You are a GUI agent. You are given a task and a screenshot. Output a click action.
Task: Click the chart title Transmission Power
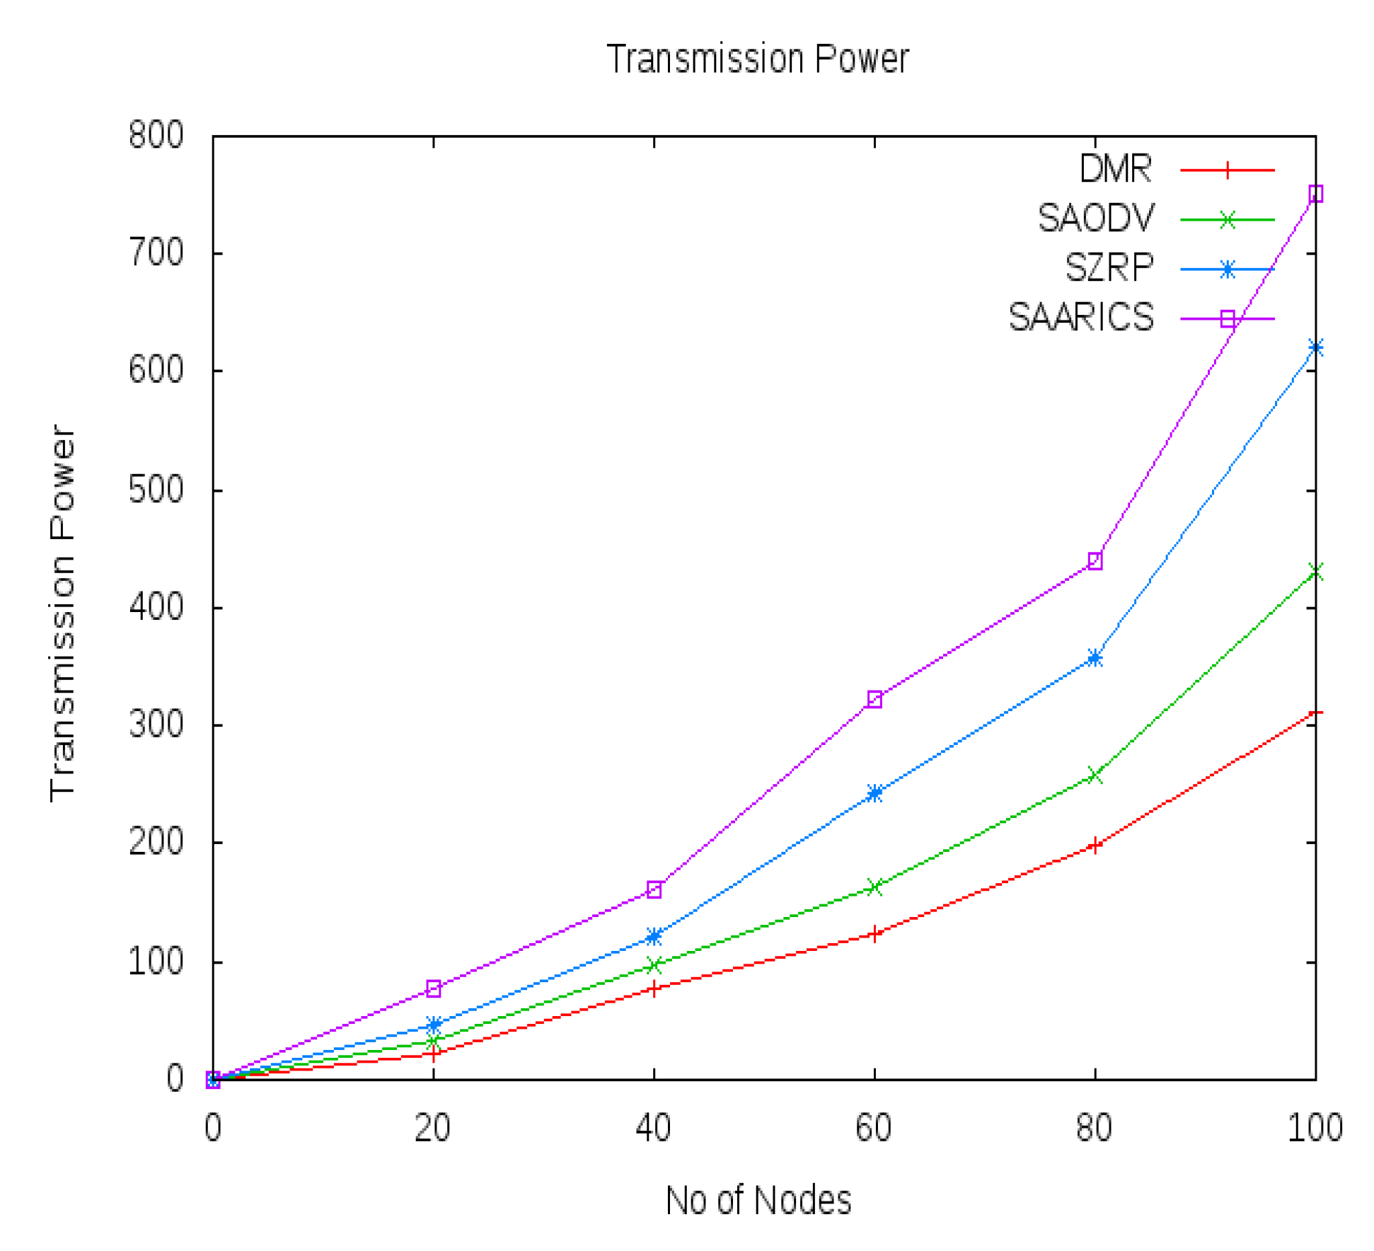coord(757,59)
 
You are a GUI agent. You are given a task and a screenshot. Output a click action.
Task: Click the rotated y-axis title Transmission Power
coord(62,613)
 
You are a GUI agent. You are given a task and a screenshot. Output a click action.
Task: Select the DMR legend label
coord(1116,169)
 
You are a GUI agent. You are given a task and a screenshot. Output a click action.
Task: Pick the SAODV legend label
coord(1095,219)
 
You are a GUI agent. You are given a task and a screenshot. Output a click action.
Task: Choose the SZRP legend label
coord(1109,268)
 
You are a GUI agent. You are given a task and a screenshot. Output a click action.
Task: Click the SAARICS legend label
coord(1080,318)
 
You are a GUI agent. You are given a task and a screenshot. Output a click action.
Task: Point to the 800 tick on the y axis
coord(156,134)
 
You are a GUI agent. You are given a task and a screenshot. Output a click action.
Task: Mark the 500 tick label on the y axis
coord(156,490)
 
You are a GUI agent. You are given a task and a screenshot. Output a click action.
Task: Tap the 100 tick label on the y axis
coord(156,962)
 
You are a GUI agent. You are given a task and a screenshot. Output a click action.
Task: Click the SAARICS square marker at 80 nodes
coord(1095,561)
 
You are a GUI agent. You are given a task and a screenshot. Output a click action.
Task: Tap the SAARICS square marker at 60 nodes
coord(874,699)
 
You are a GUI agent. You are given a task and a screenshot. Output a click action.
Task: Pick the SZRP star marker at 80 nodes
coord(1095,658)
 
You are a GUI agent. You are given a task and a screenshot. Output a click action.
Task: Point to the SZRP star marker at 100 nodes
coord(1315,347)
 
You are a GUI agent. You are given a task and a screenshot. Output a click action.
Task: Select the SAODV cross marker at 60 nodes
coord(874,887)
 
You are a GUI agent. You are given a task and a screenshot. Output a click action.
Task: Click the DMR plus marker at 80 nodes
coord(1095,846)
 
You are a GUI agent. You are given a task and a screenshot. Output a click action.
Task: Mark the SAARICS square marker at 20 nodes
coord(433,988)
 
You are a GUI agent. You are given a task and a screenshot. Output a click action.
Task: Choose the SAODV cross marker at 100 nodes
coord(1315,572)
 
